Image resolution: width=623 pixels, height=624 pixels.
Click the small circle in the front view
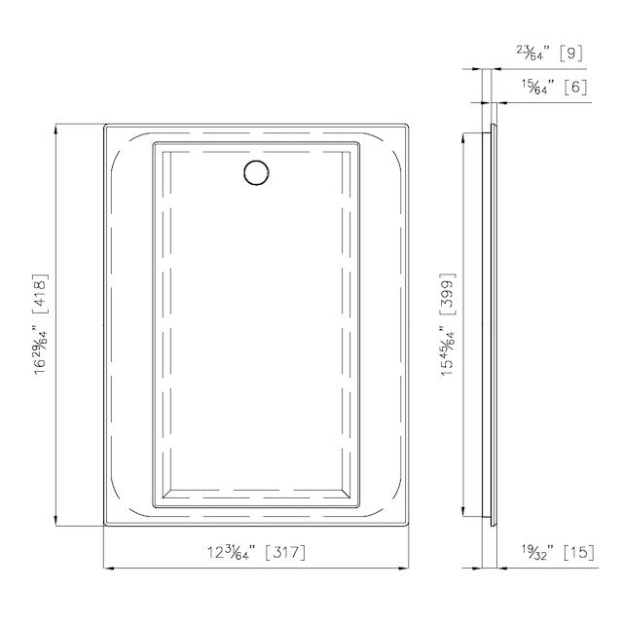click(256, 172)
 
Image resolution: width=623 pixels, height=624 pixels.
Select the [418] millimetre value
click(41, 294)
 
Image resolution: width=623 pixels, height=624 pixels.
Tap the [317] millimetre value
click(285, 552)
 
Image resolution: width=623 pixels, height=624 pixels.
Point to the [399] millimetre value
click(447, 293)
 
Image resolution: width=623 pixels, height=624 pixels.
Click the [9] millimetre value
click(570, 53)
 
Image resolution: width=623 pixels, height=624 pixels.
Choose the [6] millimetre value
click(575, 87)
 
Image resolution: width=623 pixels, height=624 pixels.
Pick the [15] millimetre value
click(579, 552)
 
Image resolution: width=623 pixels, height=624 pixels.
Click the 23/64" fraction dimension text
click(533, 53)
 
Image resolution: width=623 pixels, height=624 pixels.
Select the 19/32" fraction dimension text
click(538, 552)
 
